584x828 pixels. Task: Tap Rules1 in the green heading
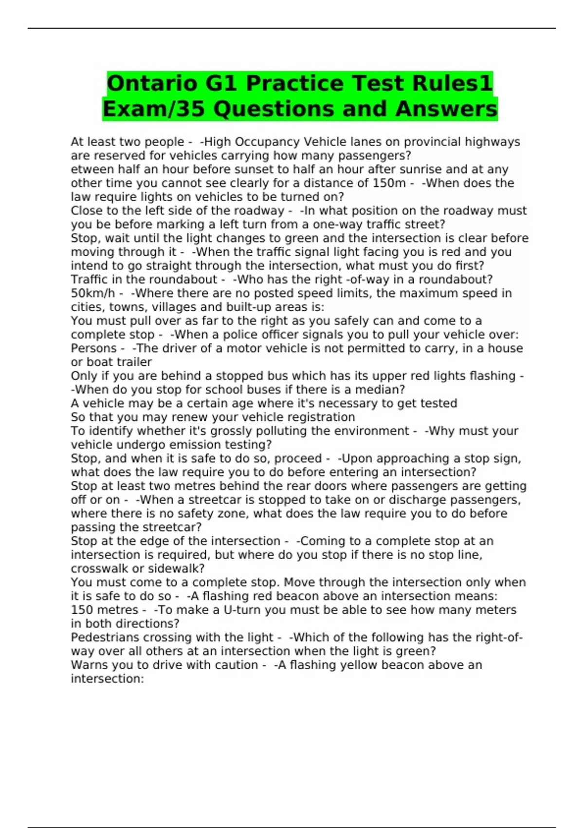[453, 83]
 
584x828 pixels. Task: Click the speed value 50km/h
[93, 293]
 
